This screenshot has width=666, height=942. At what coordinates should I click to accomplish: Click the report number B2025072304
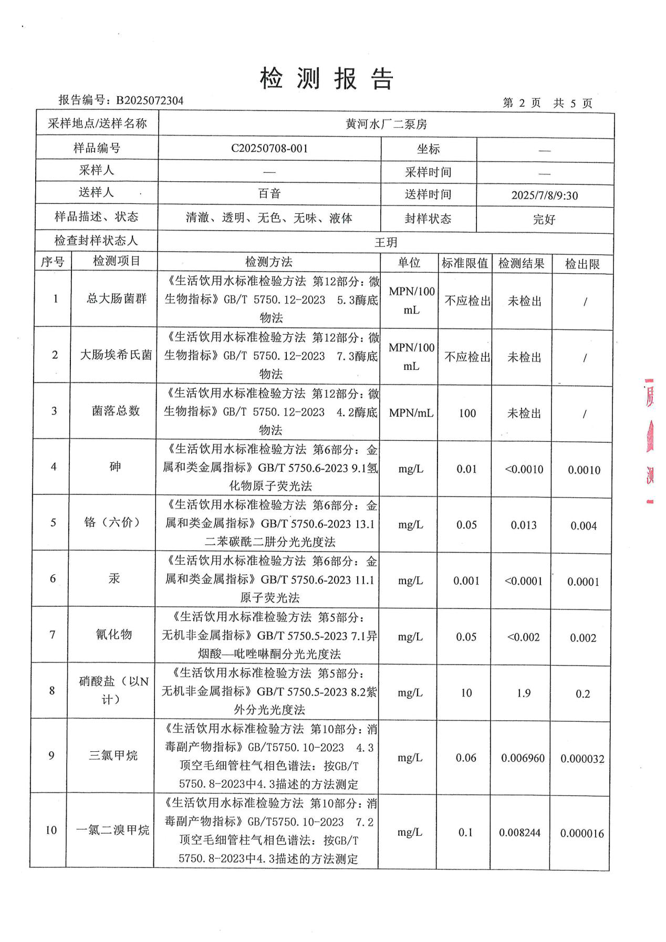click(150, 100)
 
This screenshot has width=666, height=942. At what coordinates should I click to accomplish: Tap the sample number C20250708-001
click(269, 149)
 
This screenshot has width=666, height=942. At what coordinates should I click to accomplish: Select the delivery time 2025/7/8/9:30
click(545, 195)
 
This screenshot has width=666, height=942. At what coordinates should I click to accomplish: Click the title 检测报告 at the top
click(327, 79)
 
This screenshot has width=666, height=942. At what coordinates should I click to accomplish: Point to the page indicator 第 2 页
click(522, 103)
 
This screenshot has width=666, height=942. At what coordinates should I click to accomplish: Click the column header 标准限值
click(464, 263)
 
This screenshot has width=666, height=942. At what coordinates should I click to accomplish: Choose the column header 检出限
click(582, 264)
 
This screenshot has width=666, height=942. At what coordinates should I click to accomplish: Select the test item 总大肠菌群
click(116, 299)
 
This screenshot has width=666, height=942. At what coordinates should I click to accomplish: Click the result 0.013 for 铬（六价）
click(524, 525)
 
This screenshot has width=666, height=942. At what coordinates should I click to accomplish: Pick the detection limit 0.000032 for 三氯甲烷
click(582, 759)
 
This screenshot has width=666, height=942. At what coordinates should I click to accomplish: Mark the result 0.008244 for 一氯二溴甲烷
click(520, 833)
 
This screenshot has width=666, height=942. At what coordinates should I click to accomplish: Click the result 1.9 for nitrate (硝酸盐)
click(524, 693)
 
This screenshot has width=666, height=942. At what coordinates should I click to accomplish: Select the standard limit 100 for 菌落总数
click(467, 413)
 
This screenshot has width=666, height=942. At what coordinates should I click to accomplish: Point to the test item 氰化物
click(114, 635)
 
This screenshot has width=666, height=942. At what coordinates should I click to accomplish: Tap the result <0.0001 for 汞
click(524, 581)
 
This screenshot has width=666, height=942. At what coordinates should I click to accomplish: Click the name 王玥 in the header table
click(386, 242)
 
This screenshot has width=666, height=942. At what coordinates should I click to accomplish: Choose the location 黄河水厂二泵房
click(386, 125)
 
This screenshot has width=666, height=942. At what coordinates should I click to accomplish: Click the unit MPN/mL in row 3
click(411, 413)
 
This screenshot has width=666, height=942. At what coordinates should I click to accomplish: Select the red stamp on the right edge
click(650, 441)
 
